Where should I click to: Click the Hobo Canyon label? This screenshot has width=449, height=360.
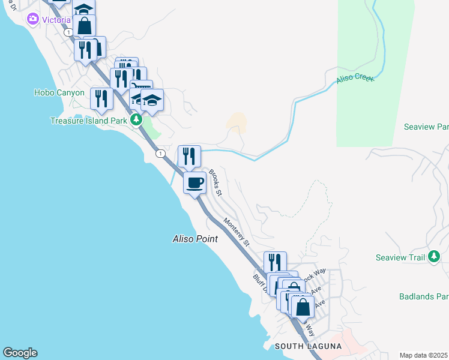(59, 93)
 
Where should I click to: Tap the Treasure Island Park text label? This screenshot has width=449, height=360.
(88, 121)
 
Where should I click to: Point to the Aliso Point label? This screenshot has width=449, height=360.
(194, 239)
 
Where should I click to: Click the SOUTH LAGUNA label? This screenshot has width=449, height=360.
(308, 347)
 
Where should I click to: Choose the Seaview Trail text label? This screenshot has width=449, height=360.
(400, 258)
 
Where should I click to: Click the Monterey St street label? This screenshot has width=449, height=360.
(237, 232)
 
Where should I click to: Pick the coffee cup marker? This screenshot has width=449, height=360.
(194, 182)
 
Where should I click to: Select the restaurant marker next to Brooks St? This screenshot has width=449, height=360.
(189, 156)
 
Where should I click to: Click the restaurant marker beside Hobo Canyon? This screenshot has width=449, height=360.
(101, 98)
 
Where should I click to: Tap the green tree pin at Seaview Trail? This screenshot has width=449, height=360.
(434, 257)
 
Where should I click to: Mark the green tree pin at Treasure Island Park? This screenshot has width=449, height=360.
(137, 121)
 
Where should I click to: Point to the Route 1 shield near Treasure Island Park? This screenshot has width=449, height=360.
(160, 154)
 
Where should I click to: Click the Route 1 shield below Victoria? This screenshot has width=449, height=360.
(69, 32)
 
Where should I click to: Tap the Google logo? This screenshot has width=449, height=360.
(20, 353)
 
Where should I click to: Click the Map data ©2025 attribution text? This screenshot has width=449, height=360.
(424, 355)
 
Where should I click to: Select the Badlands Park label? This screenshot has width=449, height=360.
(424, 296)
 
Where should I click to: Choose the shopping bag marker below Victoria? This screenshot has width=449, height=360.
(85, 26)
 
